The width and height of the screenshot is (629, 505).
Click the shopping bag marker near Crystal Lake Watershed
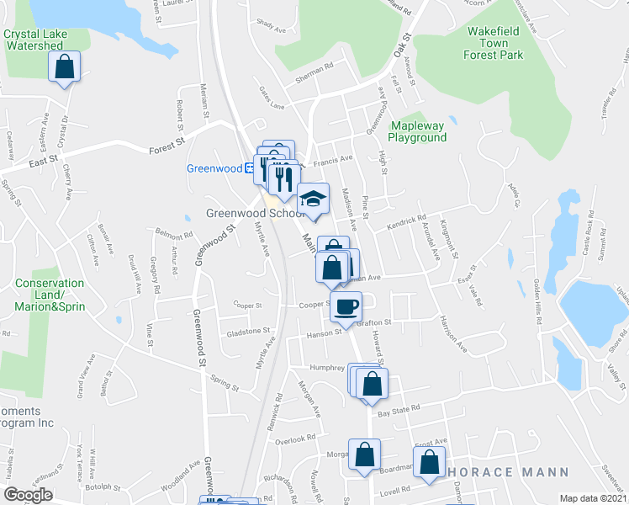point(64,66)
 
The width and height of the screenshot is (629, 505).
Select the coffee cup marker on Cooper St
point(345,306)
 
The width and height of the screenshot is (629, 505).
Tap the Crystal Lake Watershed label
point(34,40)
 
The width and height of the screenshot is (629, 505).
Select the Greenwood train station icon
point(250,168)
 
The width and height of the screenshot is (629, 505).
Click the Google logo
point(28,495)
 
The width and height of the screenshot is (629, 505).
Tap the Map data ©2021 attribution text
point(593,498)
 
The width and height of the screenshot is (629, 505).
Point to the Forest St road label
point(166,146)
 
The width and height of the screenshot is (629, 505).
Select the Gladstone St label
point(248,332)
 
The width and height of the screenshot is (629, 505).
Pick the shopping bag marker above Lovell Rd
point(429,462)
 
